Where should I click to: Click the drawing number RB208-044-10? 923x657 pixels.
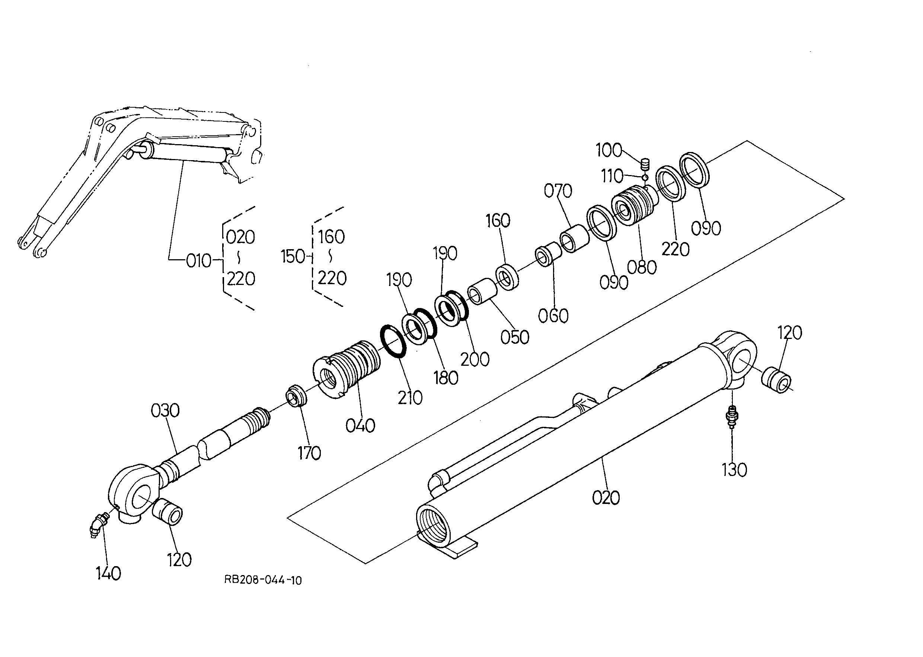point(263,581)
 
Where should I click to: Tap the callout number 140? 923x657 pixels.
point(108,573)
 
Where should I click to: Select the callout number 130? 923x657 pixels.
point(734,470)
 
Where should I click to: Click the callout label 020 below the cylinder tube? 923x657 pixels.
point(606,498)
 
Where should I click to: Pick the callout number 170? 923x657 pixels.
point(309,453)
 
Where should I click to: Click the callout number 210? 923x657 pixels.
point(410,398)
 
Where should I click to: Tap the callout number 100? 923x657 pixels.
point(609,150)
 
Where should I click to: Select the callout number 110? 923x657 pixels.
point(612,177)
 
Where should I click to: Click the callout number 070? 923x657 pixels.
point(558,191)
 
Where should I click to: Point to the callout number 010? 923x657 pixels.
point(198,261)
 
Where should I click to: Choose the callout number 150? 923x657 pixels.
point(293,257)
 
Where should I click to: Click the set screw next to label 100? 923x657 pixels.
point(645,165)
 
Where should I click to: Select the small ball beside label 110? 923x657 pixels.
point(645,177)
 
